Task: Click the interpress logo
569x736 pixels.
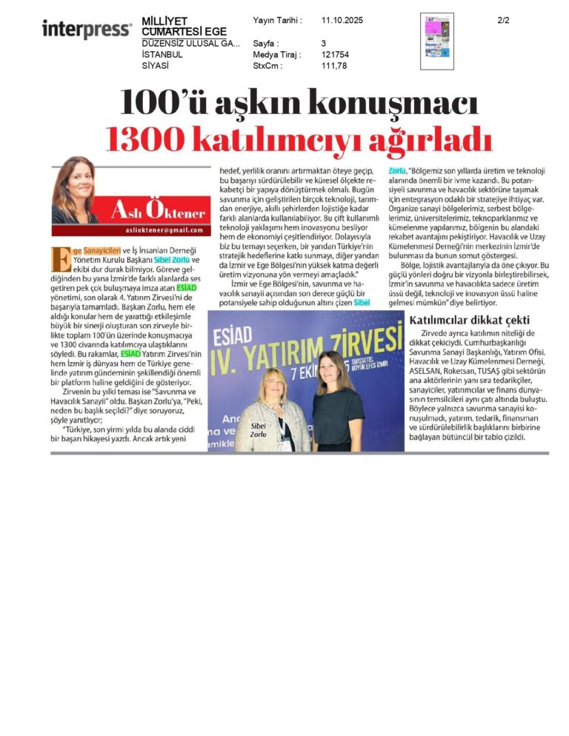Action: [87, 29]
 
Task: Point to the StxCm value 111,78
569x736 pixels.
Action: [334, 66]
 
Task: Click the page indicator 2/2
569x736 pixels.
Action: [504, 21]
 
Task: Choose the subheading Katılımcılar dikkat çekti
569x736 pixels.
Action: [468, 319]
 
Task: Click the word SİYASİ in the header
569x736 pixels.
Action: [155, 66]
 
